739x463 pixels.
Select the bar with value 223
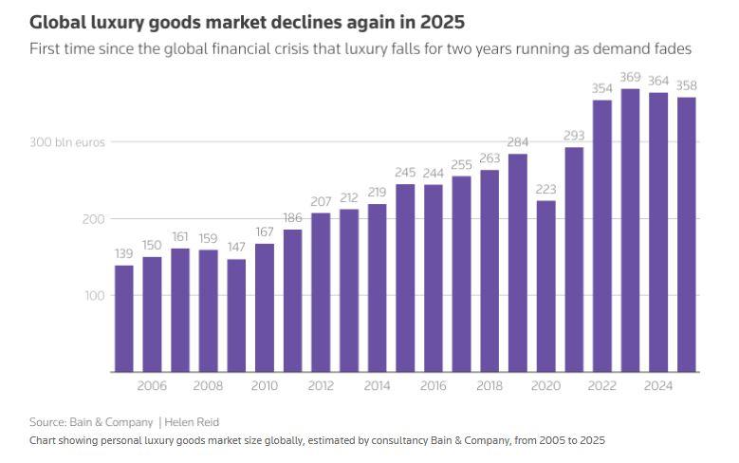click(545, 286)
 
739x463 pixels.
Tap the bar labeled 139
click(124, 318)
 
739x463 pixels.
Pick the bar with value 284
click(517, 262)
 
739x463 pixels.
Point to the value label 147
click(236, 248)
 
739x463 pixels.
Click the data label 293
click(574, 136)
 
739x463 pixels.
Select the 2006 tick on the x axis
click(152, 387)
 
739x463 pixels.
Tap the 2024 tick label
click(658, 387)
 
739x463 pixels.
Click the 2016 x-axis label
click(433, 387)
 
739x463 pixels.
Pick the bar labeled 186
click(292, 300)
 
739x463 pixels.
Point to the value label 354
click(602, 88)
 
